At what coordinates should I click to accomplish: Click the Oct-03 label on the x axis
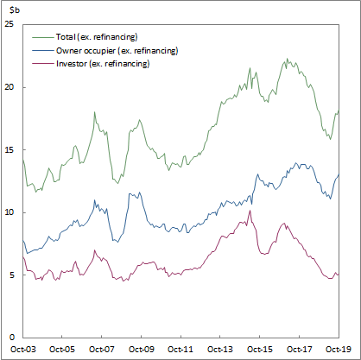pyautogui.click(x=22, y=350)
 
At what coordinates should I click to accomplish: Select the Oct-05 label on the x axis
pyautogui.click(x=62, y=350)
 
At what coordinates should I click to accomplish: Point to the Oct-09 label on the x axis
pyautogui.click(x=141, y=350)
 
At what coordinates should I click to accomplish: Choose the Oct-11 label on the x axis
pyautogui.click(x=180, y=350)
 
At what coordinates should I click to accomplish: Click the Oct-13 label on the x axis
pyautogui.click(x=220, y=350)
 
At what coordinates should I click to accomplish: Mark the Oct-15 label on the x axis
pyautogui.click(x=260, y=350)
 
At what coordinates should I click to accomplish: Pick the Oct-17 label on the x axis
pyautogui.click(x=299, y=350)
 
